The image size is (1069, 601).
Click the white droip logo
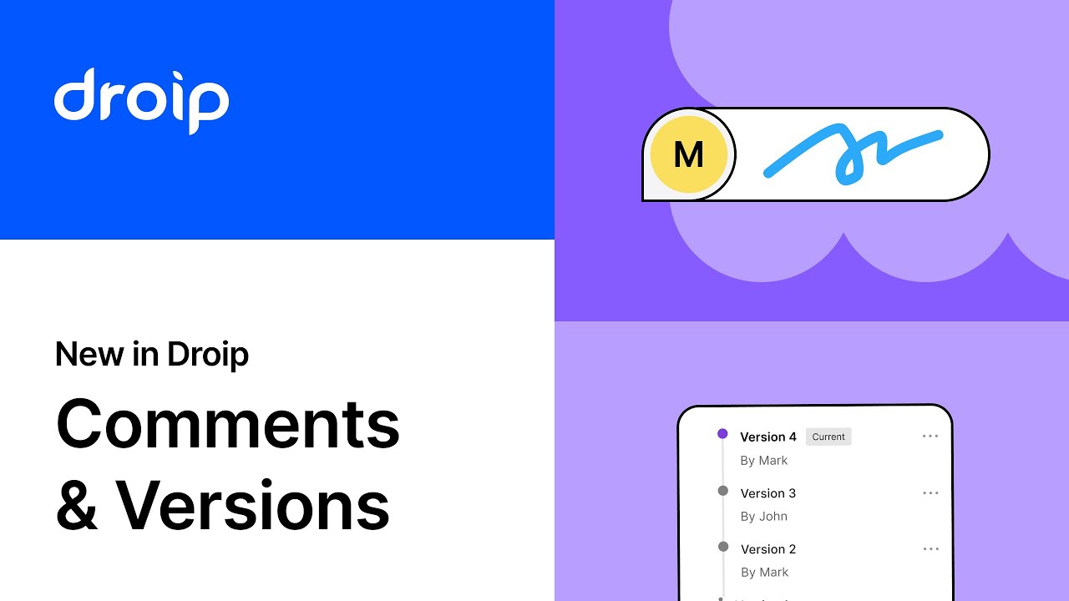pos(141,100)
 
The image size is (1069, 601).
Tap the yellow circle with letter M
pos(688,154)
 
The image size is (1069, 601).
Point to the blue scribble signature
pos(853,154)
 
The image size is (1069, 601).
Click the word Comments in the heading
pos(228,423)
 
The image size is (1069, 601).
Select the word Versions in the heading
pos(252,504)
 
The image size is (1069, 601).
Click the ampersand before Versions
pos(77,506)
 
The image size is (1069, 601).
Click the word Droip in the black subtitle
pos(208,355)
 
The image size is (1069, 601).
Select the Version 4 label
pos(768,437)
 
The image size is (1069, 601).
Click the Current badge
pos(828,437)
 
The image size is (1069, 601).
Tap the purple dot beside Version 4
pos(722,434)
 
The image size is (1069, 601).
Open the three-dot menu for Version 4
pos(930,437)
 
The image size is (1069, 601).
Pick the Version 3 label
pos(768,493)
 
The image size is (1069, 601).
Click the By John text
pos(764,516)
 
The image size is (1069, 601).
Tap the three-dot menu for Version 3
pos(930,493)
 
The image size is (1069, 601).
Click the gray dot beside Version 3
pos(722,491)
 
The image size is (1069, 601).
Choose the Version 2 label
pos(768,549)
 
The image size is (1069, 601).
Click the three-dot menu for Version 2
pos(930,549)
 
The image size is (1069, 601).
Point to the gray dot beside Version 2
pos(722,547)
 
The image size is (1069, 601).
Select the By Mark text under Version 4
pos(764,460)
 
